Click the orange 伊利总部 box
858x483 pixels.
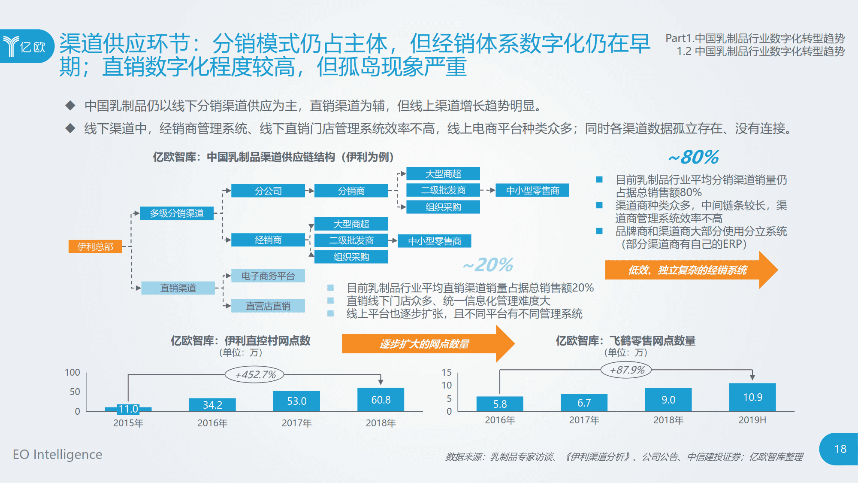pyautogui.click(x=95, y=246)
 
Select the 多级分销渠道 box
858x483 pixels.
pyautogui.click(x=177, y=213)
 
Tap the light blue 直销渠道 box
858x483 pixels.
pyautogui.click(x=178, y=288)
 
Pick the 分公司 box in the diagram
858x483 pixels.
pyautogui.click(x=268, y=191)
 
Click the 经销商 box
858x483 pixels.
pyautogui.click(x=268, y=240)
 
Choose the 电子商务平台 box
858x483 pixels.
pyautogui.click(x=268, y=276)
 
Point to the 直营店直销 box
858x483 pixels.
pyautogui.click(x=268, y=306)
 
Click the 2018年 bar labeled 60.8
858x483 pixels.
pyautogui.click(x=381, y=400)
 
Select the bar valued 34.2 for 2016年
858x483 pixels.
pyautogui.click(x=212, y=405)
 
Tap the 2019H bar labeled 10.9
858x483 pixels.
pyautogui.click(x=752, y=397)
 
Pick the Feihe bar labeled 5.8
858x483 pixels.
pyautogui.click(x=500, y=404)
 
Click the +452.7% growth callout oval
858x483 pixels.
pyautogui.click(x=255, y=374)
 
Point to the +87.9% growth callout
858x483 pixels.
pyautogui.click(x=627, y=370)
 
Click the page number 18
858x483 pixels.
pyautogui.click(x=840, y=449)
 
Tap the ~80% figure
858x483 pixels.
pyautogui.click(x=694, y=157)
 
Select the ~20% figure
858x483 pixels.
pyautogui.click(x=488, y=265)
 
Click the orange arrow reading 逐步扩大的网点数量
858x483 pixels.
pyautogui.click(x=425, y=344)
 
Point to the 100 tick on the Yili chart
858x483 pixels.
pyautogui.click(x=72, y=372)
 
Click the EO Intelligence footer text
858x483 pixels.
pyautogui.click(x=57, y=454)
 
